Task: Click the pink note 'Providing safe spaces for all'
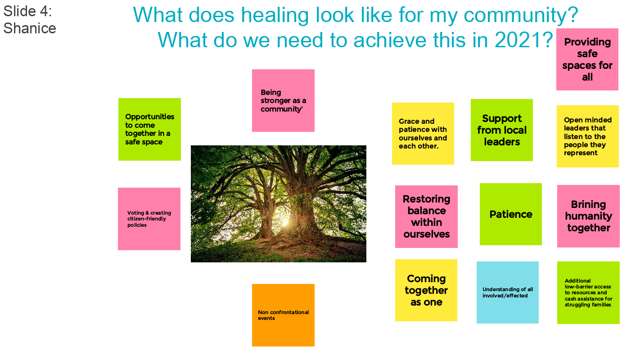coord(587,59)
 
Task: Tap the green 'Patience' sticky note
coord(510,214)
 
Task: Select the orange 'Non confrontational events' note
coord(283,315)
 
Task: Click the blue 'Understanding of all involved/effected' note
coord(507,292)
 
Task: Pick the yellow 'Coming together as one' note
coord(426,290)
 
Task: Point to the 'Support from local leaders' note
coord(502,130)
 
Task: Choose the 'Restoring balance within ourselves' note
coord(426,216)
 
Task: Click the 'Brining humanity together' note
coord(588,216)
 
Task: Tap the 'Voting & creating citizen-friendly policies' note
coord(149,219)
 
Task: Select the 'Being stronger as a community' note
coord(283,100)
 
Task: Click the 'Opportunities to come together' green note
coord(149,130)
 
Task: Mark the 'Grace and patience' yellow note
coord(423,134)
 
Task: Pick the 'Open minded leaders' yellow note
coord(587,136)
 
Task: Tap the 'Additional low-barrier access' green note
coord(588,292)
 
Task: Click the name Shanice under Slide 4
coord(30,28)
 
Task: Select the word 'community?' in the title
coord(521,15)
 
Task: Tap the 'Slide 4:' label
coord(27,11)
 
